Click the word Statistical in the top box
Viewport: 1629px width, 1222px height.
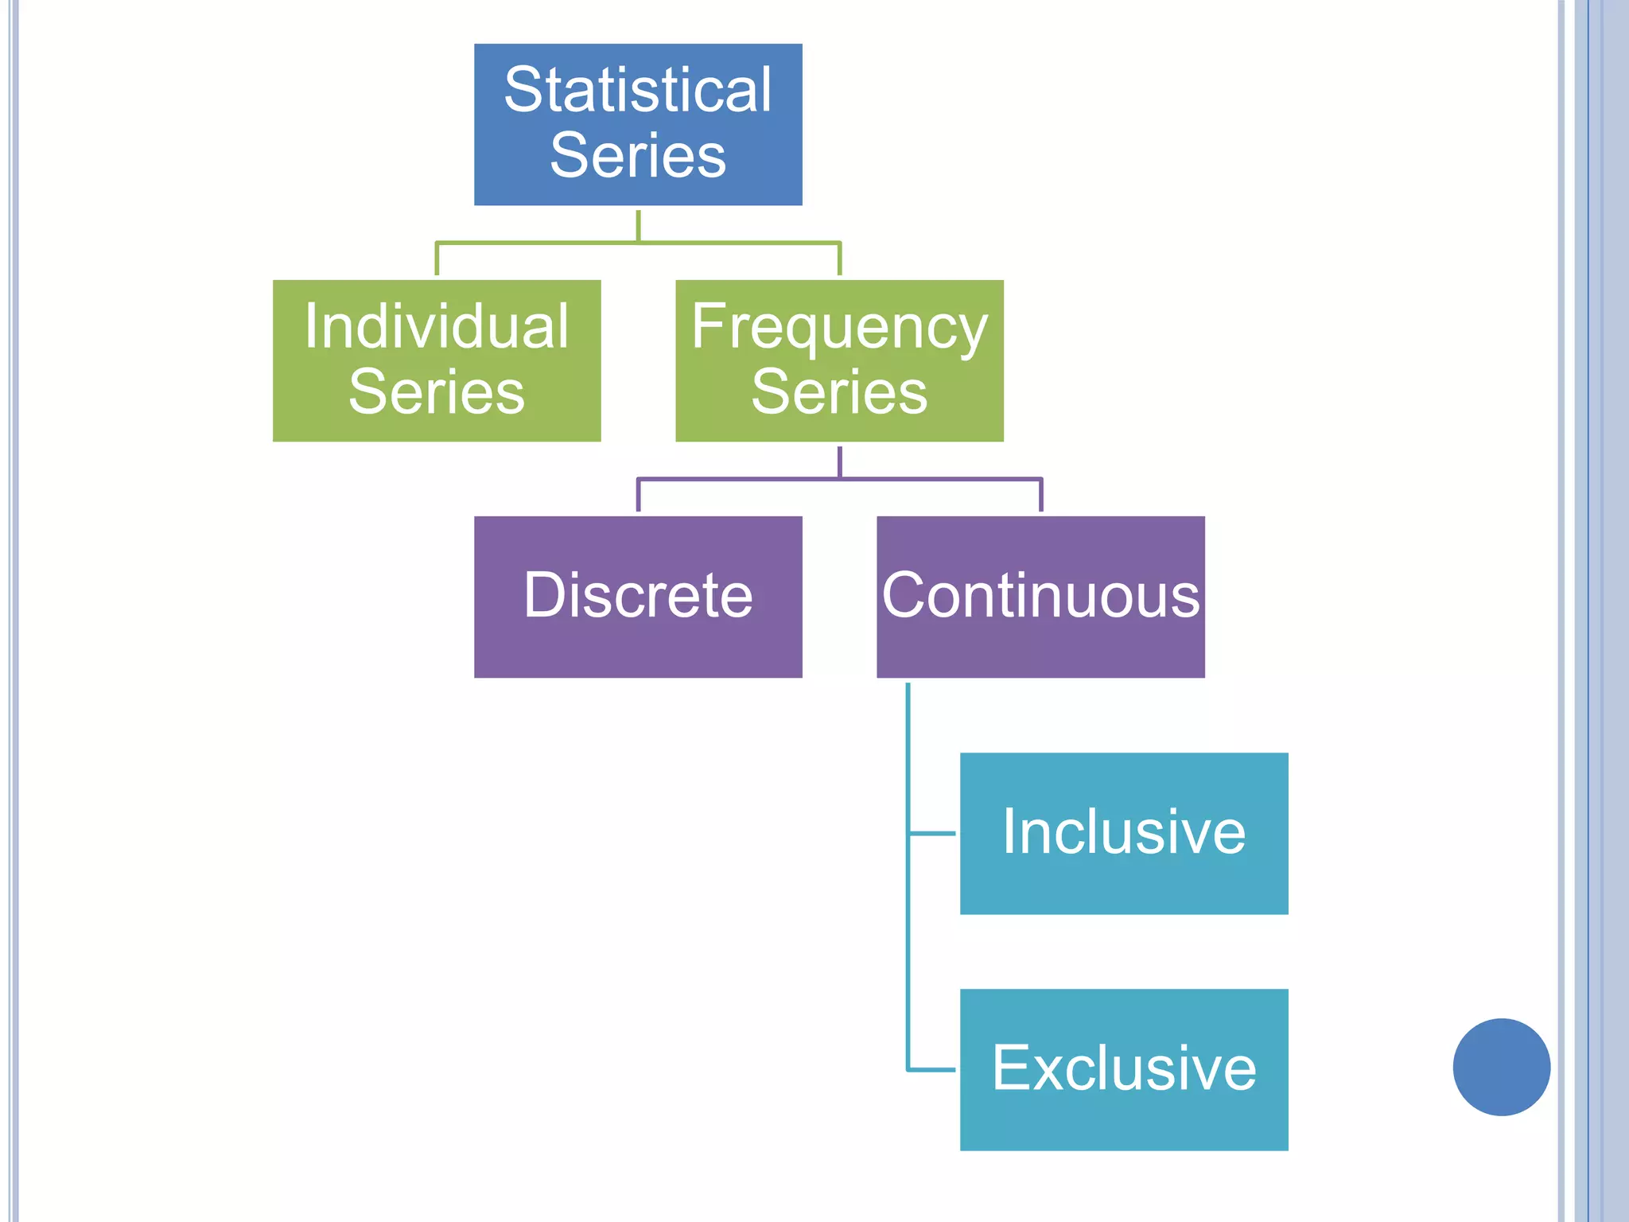coord(638,90)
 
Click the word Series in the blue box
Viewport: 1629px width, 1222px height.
coord(638,155)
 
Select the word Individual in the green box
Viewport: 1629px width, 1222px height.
coord(437,326)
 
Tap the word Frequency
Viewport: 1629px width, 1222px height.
coord(839,328)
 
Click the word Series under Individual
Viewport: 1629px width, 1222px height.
coord(437,391)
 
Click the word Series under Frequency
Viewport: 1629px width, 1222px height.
coord(839,391)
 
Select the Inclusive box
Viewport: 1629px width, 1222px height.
coord(1124,833)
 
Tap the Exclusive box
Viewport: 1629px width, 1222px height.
coord(1124,1069)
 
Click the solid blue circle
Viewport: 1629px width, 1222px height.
coord(1501,1067)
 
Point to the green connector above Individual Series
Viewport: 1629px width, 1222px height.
coord(437,259)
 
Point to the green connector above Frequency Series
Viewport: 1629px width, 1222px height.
coord(839,259)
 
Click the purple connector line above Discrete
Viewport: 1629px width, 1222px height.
coord(638,495)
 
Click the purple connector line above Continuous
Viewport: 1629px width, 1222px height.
coord(1040,495)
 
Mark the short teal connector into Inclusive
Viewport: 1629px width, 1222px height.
coord(932,833)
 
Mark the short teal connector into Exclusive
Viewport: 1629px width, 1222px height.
coord(932,1069)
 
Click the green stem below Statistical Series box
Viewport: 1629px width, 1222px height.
coord(638,224)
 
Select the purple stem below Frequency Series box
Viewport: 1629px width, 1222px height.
coord(839,461)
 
